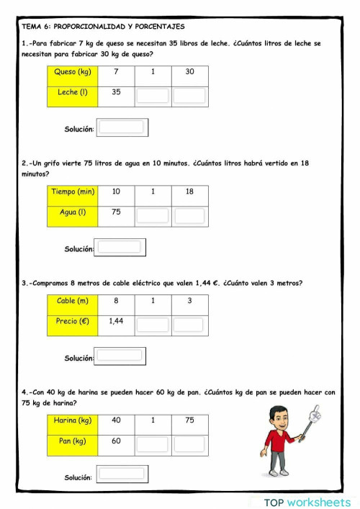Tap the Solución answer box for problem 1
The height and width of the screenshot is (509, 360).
tap(122, 128)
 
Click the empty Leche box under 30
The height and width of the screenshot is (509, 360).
tap(189, 95)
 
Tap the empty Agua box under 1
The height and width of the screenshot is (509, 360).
tap(152, 215)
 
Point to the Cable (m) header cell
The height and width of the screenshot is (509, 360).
tap(72, 302)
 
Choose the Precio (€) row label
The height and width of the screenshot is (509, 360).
tap(72, 323)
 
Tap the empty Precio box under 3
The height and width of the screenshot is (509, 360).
tap(189, 324)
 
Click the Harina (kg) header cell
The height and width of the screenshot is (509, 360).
tap(72, 421)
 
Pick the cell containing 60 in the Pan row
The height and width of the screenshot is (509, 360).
tap(115, 441)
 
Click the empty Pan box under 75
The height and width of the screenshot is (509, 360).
tap(189, 443)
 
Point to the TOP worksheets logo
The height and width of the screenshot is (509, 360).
tap(307, 502)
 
